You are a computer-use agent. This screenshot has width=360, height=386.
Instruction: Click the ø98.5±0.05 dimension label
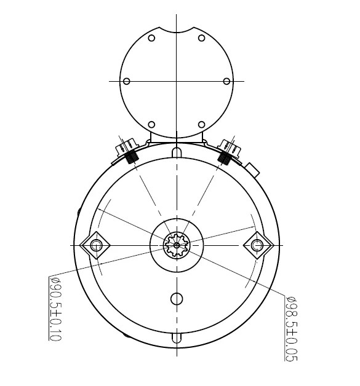[x=291, y=328]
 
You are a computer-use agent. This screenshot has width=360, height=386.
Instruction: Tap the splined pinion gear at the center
[x=177, y=245]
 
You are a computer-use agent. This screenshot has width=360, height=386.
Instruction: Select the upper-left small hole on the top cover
[x=151, y=38]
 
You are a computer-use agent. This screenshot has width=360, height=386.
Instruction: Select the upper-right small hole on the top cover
[x=202, y=38]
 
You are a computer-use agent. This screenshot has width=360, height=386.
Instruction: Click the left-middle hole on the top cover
[x=126, y=81]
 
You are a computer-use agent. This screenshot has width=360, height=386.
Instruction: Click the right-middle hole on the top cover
[x=226, y=81]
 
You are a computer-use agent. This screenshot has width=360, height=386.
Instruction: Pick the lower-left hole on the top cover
[x=151, y=125]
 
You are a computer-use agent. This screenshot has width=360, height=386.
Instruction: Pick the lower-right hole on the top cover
[x=202, y=125]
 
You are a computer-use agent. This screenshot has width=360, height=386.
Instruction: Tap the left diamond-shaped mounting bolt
[x=95, y=245]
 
